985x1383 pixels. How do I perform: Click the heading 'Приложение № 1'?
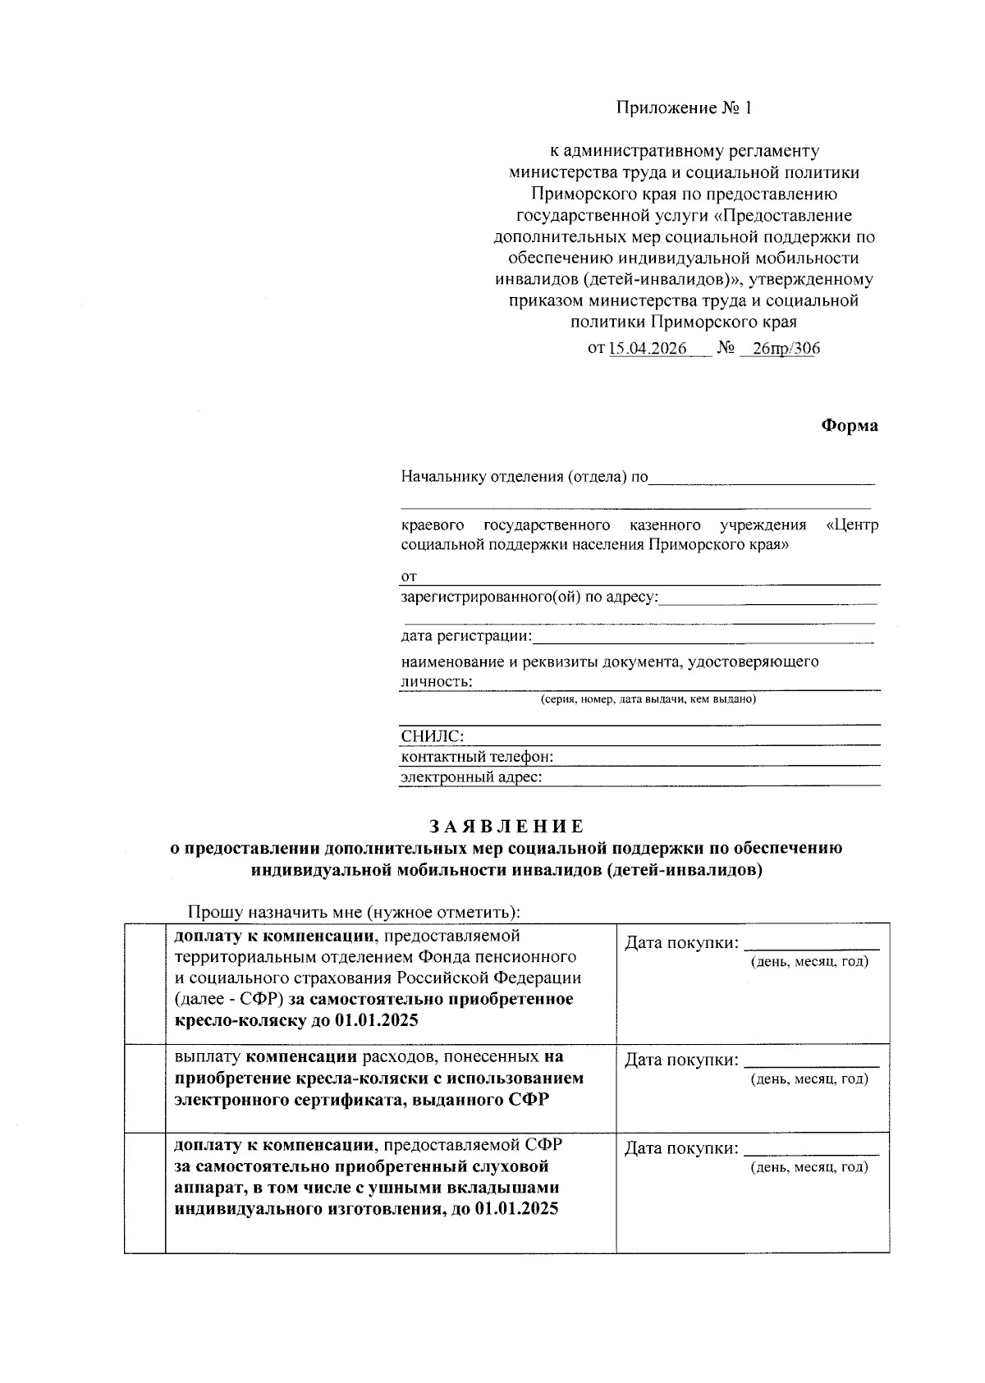(684, 108)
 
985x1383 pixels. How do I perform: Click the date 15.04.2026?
(648, 348)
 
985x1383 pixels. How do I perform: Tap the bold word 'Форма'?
(850, 425)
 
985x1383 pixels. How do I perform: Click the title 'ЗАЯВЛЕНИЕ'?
(506, 827)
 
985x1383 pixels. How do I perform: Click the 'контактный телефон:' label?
(477, 756)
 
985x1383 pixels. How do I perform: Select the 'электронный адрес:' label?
(471, 776)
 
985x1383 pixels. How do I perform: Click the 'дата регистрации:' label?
(466, 636)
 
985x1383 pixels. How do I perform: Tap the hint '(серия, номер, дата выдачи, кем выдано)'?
(648, 699)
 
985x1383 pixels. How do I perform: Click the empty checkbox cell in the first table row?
(144, 982)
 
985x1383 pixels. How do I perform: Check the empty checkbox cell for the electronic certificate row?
(144, 1088)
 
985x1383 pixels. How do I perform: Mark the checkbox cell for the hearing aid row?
(144, 1192)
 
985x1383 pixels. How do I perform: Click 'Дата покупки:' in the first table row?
(681, 943)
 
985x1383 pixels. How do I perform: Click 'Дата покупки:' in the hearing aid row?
(681, 1149)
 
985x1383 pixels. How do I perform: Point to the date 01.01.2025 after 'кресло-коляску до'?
(376, 1021)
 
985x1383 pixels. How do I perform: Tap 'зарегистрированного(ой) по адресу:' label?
(529, 597)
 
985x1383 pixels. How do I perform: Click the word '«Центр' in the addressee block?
(851, 524)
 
